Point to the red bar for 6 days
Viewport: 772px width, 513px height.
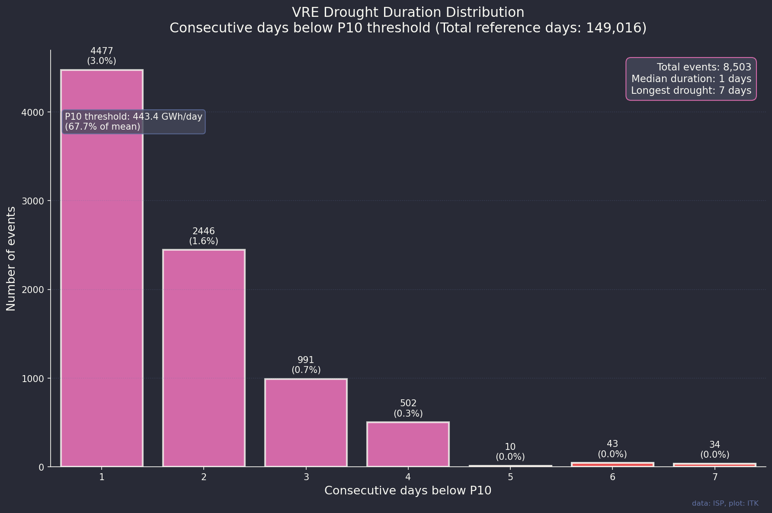pyautogui.click(x=612, y=465)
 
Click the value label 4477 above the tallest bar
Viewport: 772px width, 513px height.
pyautogui.click(x=102, y=51)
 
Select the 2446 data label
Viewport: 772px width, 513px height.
pyautogui.click(x=204, y=231)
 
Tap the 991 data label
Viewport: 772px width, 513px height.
pyautogui.click(x=306, y=360)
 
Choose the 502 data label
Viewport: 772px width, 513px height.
pyautogui.click(x=408, y=404)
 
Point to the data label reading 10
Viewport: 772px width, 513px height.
pyautogui.click(x=510, y=447)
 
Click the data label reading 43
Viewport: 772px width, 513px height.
pyautogui.click(x=612, y=444)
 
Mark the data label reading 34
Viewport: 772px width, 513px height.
pyautogui.click(x=714, y=445)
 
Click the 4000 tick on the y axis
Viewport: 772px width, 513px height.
pyautogui.click(x=33, y=112)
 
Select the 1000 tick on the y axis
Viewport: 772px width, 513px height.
pyautogui.click(x=33, y=379)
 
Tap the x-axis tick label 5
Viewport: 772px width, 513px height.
pyautogui.click(x=510, y=477)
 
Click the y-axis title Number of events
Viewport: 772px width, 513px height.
pyautogui.click(x=11, y=258)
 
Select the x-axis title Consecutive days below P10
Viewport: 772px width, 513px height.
pyautogui.click(x=408, y=491)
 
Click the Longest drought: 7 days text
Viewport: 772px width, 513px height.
pyautogui.click(x=691, y=90)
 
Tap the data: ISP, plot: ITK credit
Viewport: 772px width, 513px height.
pyautogui.click(x=725, y=503)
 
